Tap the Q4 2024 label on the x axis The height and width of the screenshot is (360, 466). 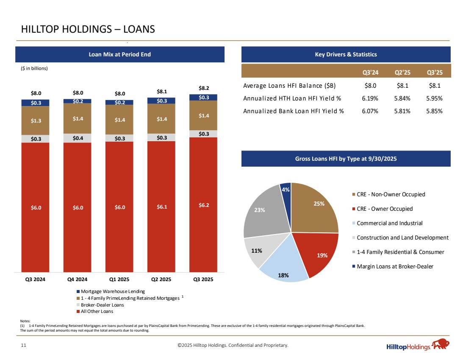[x=77, y=279]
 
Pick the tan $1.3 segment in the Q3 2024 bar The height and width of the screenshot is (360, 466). [x=36, y=120]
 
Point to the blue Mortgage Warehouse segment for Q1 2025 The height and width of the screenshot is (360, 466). [x=119, y=102]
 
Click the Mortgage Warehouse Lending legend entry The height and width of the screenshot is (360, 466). [x=112, y=291]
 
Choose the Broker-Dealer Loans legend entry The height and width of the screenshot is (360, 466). [x=102, y=305]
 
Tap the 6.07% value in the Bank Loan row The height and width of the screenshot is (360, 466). [x=370, y=111]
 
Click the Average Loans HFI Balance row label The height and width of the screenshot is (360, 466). [x=289, y=85]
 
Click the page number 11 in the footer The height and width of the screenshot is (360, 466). [x=24, y=346]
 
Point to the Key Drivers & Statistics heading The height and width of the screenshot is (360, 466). [x=346, y=54]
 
